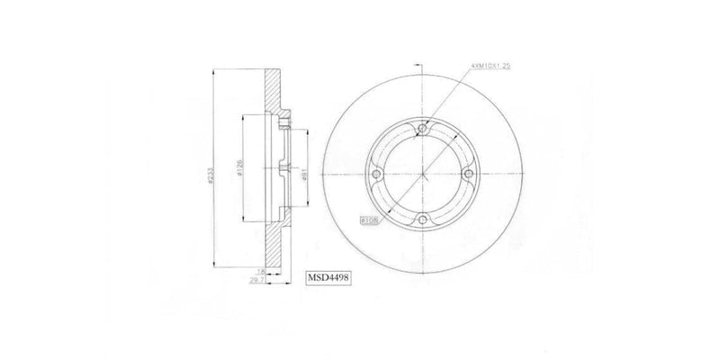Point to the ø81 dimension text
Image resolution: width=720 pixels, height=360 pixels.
[306, 176]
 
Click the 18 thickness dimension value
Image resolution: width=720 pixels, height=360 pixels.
[260, 270]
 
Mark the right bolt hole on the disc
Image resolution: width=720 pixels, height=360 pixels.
[465, 175]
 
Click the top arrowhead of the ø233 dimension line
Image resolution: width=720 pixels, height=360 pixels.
[213, 72]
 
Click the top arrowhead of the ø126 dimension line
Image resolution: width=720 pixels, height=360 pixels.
[245, 118]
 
